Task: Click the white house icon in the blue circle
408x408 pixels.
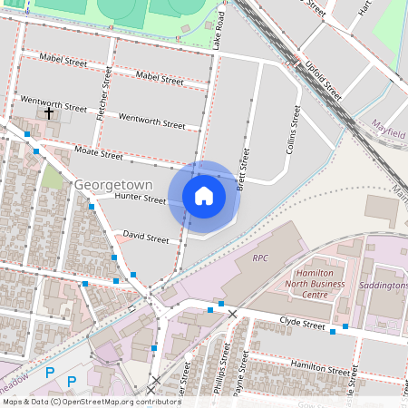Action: (204, 195)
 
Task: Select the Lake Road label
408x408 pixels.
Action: (219, 31)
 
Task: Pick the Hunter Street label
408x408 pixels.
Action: (141, 199)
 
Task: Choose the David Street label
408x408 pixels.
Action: (146, 238)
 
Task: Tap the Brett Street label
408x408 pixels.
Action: (242, 170)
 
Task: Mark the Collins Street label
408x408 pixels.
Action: (293, 129)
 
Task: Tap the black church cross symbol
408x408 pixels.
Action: (50, 112)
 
